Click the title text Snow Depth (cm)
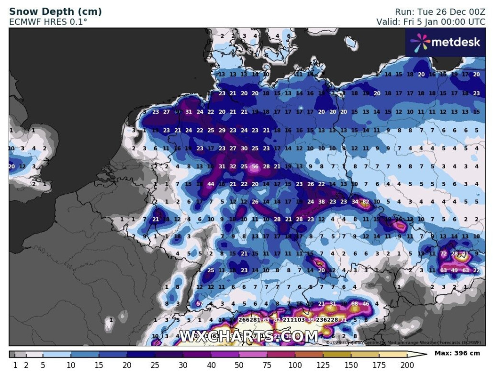pos(55,11)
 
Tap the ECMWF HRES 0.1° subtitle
pos(48,22)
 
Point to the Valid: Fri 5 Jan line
pos(431,22)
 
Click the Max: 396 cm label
pos(457,354)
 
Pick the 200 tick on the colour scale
pos(406,366)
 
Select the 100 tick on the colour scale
pos(295,366)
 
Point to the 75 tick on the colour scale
pos(267,366)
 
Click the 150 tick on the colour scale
pos(351,366)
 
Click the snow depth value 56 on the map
pos(255,166)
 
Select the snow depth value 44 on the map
pos(211,184)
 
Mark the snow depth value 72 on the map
pos(444,254)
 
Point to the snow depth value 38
pos(322,202)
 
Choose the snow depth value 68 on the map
pos(355,304)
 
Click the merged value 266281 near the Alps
pos(249,320)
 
